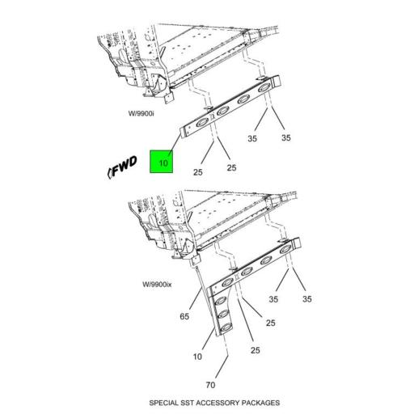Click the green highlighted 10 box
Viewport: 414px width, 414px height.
point(161,162)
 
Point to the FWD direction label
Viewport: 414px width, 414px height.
point(123,167)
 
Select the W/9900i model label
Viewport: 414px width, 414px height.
point(141,113)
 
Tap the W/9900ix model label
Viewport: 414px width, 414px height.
point(157,284)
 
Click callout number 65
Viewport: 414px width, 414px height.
point(184,316)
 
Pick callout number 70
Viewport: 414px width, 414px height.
point(210,385)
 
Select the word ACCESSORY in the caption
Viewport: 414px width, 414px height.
point(218,403)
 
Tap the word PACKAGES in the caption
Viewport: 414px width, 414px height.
point(260,403)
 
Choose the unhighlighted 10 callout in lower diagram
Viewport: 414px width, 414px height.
point(197,357)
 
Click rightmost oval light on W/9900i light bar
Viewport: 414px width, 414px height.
point(264,88)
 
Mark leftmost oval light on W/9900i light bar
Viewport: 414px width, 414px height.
point(202,124)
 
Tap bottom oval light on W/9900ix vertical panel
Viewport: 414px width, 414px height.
point(222,327)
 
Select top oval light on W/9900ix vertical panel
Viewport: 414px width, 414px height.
point(221,302)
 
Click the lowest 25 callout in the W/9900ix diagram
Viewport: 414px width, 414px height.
point(256,350)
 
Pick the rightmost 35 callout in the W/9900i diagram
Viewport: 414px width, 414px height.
point(286,137)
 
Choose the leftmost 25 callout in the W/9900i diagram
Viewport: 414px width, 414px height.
point(198,172)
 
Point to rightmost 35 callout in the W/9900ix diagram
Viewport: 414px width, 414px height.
point(307,299)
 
